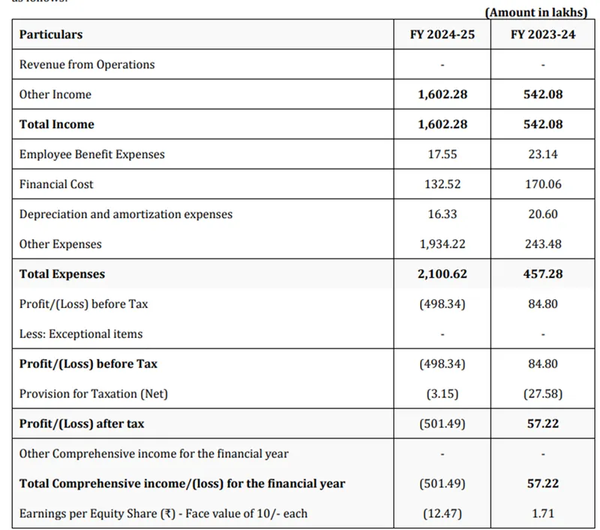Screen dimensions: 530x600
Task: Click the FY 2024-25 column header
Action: (442, 34)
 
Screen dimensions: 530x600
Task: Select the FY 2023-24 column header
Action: (543, 34)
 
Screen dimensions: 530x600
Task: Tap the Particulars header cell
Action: (51, 34)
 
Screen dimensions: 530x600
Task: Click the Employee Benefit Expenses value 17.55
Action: (442, 154)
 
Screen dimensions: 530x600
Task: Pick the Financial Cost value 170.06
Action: (543, 184)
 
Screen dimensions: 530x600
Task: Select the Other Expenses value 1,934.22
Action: (442, 244)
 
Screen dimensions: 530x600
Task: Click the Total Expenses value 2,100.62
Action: (442, 274)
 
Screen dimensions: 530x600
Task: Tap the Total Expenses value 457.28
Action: (543, 274)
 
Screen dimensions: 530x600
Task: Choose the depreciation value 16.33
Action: (442, 214)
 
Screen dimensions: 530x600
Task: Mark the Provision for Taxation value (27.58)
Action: (543, 394)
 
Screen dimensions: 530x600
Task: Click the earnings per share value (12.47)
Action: (442, 514)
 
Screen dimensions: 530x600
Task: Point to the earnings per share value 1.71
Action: (543, 514)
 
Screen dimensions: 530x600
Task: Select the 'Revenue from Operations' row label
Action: (87, 64)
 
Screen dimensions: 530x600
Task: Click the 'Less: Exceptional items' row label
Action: (81, 334)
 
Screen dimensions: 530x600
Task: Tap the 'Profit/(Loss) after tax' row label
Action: (82, 424)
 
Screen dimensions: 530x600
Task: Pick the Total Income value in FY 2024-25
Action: (442, 124)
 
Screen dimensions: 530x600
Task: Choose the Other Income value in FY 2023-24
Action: (543, 94)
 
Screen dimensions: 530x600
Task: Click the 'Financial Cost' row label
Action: (56, 184)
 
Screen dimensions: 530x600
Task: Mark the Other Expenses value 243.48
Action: (543, 244)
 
